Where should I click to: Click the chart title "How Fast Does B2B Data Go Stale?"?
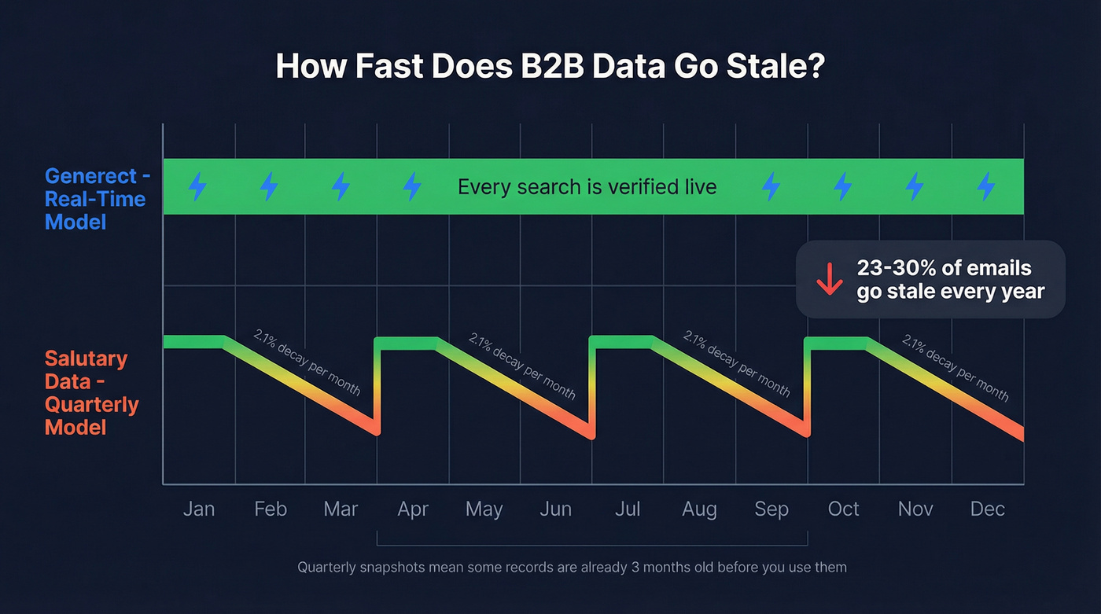550,67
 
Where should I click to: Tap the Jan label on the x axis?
198,509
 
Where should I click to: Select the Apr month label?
413,509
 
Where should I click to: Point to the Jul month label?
627,509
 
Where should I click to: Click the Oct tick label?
843,509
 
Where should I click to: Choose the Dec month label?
987,509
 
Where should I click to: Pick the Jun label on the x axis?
555,509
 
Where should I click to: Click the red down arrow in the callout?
829,279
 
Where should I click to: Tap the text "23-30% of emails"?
943,267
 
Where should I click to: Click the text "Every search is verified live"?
587,187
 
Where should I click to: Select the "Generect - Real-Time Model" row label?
95,199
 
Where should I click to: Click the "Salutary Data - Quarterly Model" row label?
91,393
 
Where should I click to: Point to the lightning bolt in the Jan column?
197,187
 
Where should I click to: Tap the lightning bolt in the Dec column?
985,187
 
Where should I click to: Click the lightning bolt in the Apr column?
411,187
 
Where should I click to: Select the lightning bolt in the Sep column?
771,187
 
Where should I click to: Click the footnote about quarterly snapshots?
572,567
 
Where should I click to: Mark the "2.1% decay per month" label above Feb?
307,362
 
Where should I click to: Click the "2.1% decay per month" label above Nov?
955,367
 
